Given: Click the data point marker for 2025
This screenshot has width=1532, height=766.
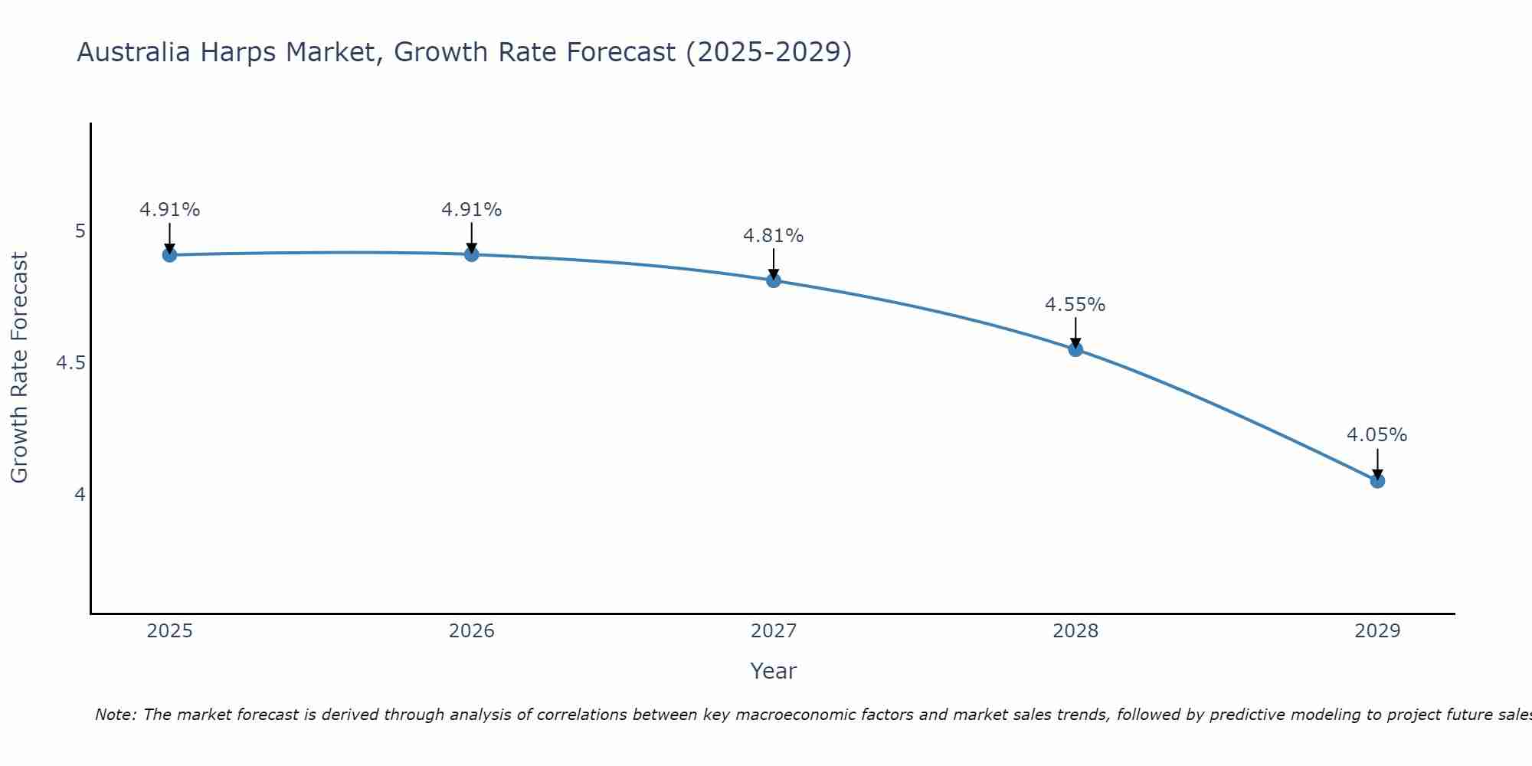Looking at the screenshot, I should pyautogui.click(x=170, y=255).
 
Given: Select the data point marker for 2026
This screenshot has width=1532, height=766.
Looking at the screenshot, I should pyautogui.click(x=472, y=254).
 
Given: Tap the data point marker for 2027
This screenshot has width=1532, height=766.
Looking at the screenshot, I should pyautogui.click(x=774, y=280).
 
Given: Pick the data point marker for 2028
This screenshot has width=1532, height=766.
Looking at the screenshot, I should pyautogui.click(x=1075, y=349).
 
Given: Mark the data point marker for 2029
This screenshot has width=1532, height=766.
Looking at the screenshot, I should pyautogui.click(x=1377, y=481).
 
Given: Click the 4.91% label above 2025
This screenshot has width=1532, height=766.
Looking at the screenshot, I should pyautogui.click(x=170, y=209).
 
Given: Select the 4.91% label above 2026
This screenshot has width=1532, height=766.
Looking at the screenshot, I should pyautogui.click(x=472, y=209).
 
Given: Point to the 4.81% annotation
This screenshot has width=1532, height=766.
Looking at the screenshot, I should pyautogui.click(x=774, y=235).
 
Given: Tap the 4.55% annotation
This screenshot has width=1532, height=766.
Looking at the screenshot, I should pyautogui.click(x=1075, y=304).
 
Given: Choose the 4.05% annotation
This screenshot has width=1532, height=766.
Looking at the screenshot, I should pyautogui.click(x=1377, y=434).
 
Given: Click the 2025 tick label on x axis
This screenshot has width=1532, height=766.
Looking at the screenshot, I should pyautogui.click(x=170, y=631).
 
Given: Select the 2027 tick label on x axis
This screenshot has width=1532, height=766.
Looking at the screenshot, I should pyautogui.click(x=774, y=631).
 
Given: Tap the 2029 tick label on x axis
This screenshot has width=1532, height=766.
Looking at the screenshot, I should pyautogui.click(x=1377, y=631).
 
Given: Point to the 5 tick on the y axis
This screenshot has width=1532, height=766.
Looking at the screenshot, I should pyautogui.click(x=80, y=231).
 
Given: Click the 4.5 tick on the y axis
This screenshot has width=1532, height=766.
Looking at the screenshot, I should pyautogui.click(x=70, y=362).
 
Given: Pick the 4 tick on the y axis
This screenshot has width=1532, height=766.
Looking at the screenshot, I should pyautogui.click(x=80, y=494).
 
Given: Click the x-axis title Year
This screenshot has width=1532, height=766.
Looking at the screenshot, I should pyautogui.click(x=774, y=671).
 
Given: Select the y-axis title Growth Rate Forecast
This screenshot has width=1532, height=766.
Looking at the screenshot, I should pyautogui.click(x=19, y=368).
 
